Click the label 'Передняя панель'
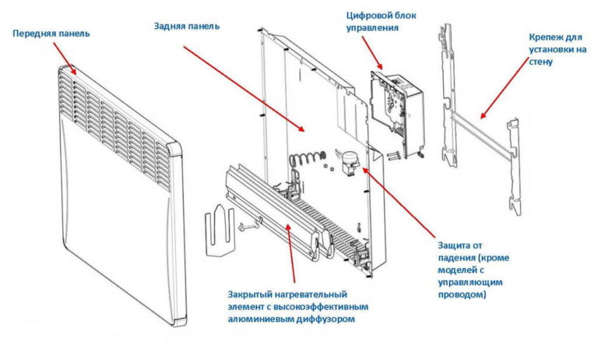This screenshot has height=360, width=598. [x=51, y=34]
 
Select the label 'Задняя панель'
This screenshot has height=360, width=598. [x=187, y=26]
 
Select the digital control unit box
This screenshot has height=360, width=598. [x=397, y=114]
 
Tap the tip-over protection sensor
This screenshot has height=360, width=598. [x=350, y=162]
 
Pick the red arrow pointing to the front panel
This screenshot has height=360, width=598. [x=65, y=58]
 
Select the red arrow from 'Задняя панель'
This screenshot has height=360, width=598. [x=244, y=89]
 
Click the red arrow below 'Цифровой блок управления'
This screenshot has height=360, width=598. [x=372, y=53]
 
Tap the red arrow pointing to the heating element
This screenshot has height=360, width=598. [x=290, y=253]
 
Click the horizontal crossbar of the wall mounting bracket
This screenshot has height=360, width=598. [x=481, y=135]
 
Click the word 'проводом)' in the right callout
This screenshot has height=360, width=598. [x=463, y=295]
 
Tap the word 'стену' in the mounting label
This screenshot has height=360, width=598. [x=541, y=62]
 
